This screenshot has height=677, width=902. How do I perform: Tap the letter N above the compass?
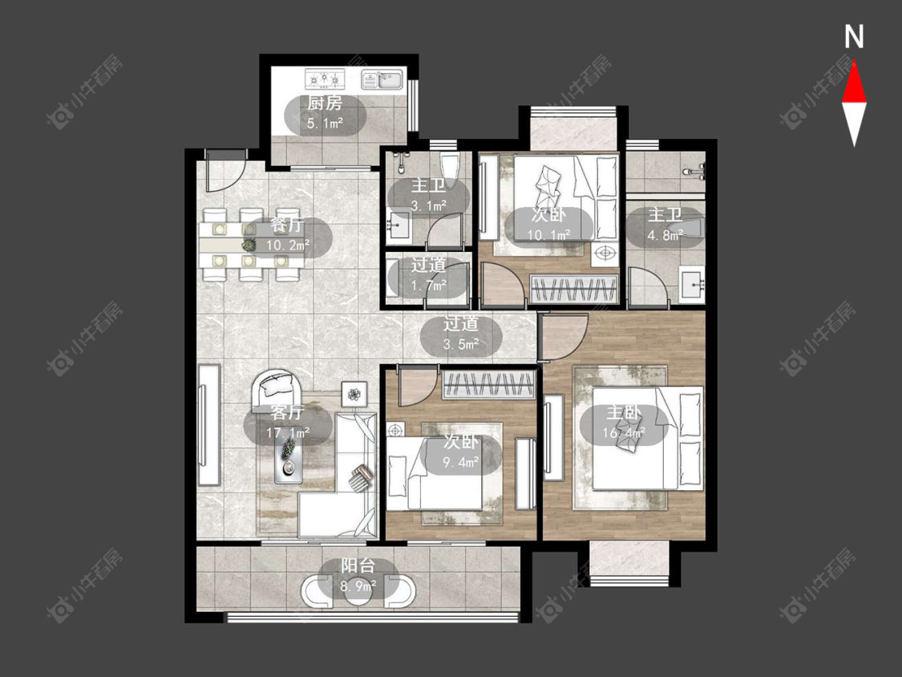pyautogui.click(x=854, y=37)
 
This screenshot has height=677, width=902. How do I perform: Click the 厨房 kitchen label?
pyautogui.click(x=325, y=103)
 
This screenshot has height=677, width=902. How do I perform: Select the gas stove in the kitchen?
pyautogui.click(x=325, y=79)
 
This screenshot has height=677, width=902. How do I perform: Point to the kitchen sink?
pyautogui.click(x=382, y=79)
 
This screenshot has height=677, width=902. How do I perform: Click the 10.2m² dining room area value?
pyautogui.click(x=288, y=245)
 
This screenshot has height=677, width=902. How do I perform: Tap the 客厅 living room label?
pyautogui.click(x=287, y=412)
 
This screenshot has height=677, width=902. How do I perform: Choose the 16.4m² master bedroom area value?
pyautogui.click(x=624, y=432)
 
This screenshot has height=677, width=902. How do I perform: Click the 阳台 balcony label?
pyautogui.click(x=358, y=566)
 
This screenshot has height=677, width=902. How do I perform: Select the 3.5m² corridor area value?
pyautogui.click(x=461, y=345)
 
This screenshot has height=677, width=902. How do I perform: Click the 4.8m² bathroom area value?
pyautogui.click(x=665, y=235)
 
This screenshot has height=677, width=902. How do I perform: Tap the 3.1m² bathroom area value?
pyautogui.click(x=429, y=205)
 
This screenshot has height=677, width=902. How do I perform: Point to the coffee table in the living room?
pyautogui.click(x=289, y=455)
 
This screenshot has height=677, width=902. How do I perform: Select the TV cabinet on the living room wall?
pyautogui.click(x=208, y=425)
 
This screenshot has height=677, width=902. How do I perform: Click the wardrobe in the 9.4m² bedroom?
pyautogui.click(x=488, y=385)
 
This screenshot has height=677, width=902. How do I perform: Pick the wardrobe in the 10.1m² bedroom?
pyautogui.click(x=574, y=289)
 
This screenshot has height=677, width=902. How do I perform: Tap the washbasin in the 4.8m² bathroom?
pyautogui.click(x=692, y=285)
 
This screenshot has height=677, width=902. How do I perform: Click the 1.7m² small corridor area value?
pyautogui.click(x=429, y=286)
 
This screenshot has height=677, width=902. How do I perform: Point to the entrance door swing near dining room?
pyautogui.click(x=226, y=171)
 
